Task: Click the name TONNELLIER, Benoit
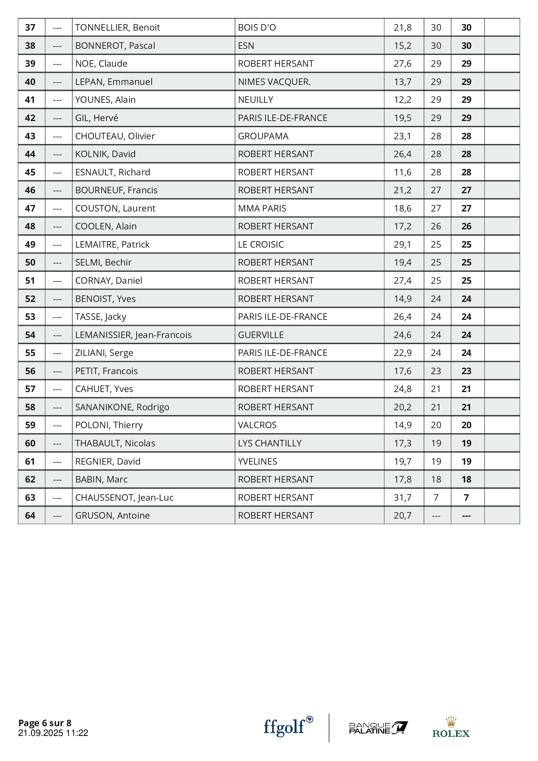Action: coord(117,28)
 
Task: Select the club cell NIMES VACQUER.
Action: coord(274,82)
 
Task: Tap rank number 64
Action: coord(30,515)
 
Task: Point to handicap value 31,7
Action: coord(402,497)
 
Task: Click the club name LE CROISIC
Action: coord(261,245)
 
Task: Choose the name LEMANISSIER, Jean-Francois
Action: coord(133,335)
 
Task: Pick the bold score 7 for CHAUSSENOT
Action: coord(466,497)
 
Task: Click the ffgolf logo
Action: coord(288,727)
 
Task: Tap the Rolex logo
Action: coord(451,727)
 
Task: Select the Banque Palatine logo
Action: coord(378,728)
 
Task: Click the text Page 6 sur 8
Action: coord(45,723)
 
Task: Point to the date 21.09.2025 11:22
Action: coord(53,733)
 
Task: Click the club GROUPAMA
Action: coord(263,136)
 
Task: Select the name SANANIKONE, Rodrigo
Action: coord(122,407)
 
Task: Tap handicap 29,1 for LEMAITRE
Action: coord(402,245)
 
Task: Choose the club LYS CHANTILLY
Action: coord(269,443)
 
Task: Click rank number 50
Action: coord(30,263)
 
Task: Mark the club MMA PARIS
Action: coord(262,209)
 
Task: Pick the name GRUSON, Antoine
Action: coord(112,515)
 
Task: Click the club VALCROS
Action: coord(257,425)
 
